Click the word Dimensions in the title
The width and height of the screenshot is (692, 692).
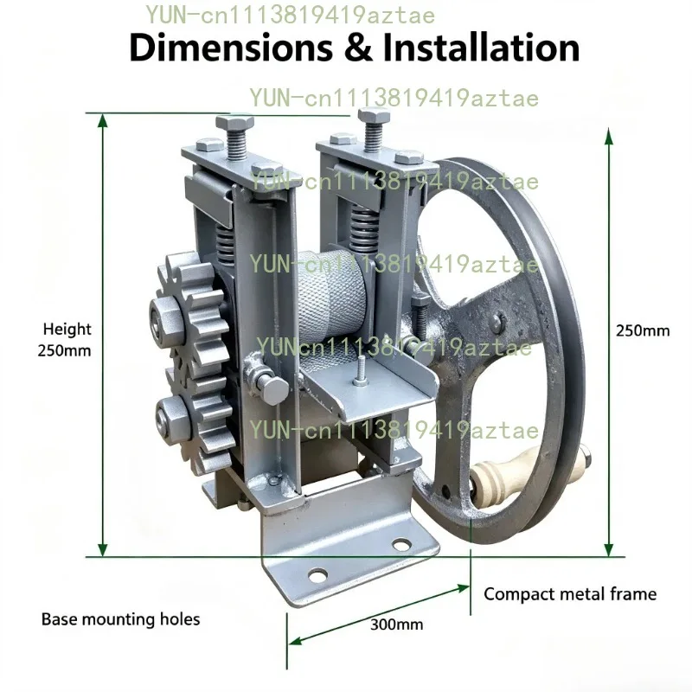coord(231,48)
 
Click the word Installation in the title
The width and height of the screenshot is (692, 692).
coord(481,47)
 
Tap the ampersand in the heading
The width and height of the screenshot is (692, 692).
coord(358,48)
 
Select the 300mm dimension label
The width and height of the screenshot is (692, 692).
coord(396,625)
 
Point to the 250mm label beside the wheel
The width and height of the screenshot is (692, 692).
coord(643,330)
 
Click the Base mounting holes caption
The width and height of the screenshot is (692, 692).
coord(120,619)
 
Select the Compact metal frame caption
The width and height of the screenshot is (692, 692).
coord(570,594)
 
